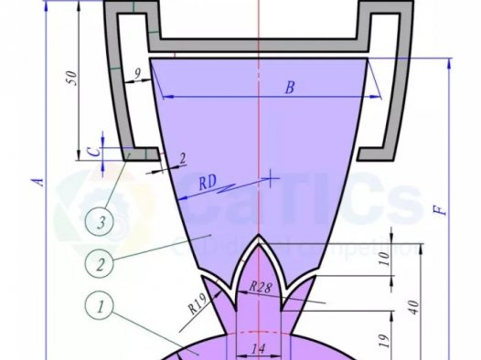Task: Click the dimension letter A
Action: (x=37, y=182)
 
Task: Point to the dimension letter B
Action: (x=290, y=89)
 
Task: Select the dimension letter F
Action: (x=440, y=208)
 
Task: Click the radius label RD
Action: (x=208, y=183)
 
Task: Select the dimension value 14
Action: (x=258, y=348)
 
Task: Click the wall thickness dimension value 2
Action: (x=182, y=159)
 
